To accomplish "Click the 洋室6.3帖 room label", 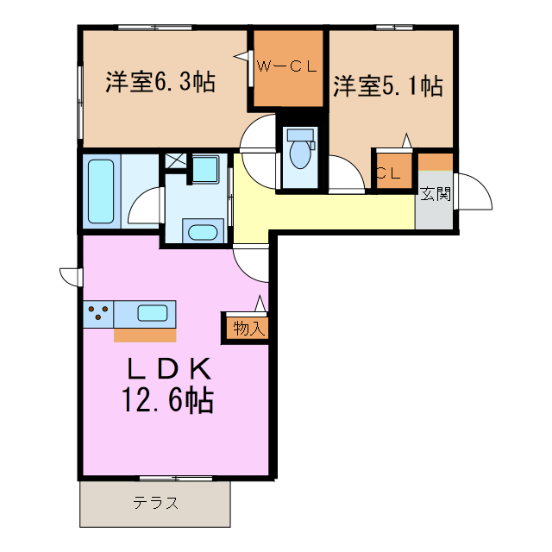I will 160,83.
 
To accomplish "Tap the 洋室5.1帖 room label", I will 388,85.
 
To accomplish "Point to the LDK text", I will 170,368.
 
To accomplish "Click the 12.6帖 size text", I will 170,401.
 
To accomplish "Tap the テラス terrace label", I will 155,504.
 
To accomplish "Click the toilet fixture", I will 300,154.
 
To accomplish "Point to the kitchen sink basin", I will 152,312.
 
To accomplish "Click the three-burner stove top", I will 98,312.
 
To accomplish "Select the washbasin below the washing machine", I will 204,231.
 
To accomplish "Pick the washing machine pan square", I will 204,168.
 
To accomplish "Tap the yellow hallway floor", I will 328,211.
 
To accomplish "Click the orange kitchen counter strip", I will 144,335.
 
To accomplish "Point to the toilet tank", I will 300,135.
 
